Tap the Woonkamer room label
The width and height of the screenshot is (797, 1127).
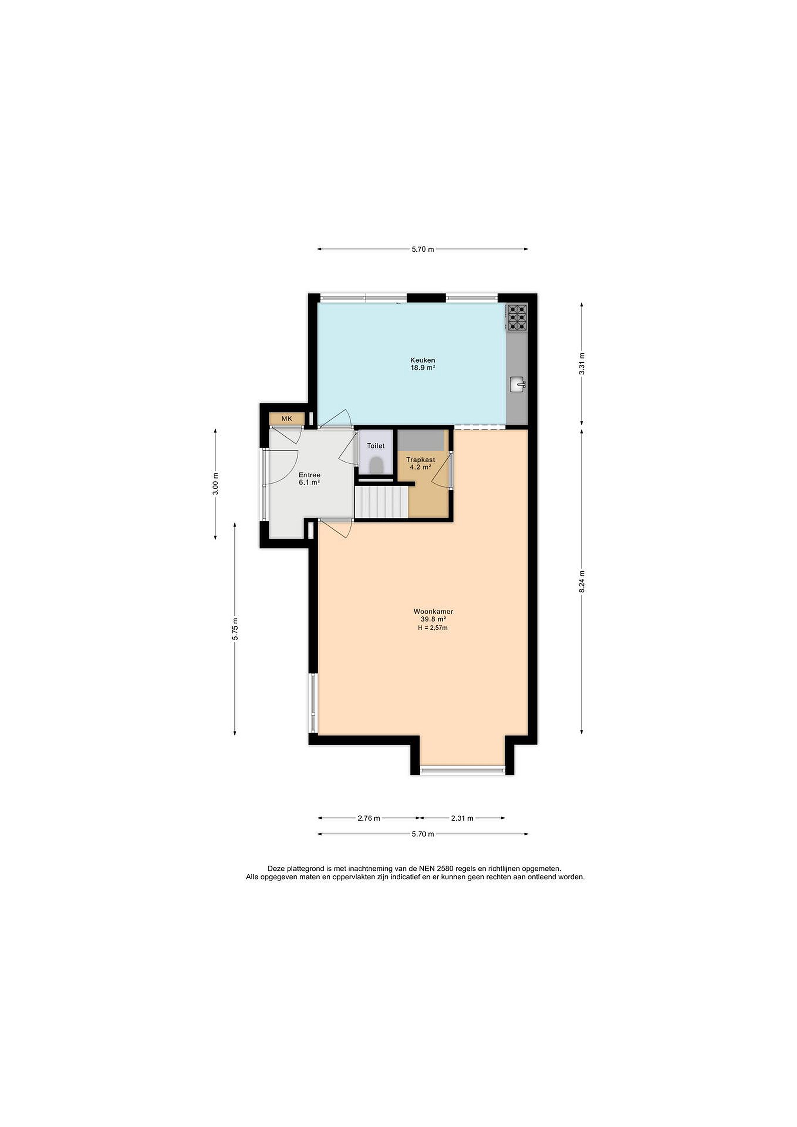click(433, 612)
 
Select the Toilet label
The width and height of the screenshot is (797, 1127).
click(376, 446)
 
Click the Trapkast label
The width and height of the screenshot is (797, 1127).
click(421, 460)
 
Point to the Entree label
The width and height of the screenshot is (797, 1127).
click(309, 475)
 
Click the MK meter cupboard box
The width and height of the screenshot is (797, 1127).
click(287, 419)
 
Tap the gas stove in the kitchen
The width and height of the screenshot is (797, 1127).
click(517, 317)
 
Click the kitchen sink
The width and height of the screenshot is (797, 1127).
click(517, 384)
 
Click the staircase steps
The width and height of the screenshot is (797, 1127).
click(381, 502)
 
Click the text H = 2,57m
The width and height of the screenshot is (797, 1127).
click(433, 628)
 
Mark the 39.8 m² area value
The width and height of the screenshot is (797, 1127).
click(433, 619)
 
